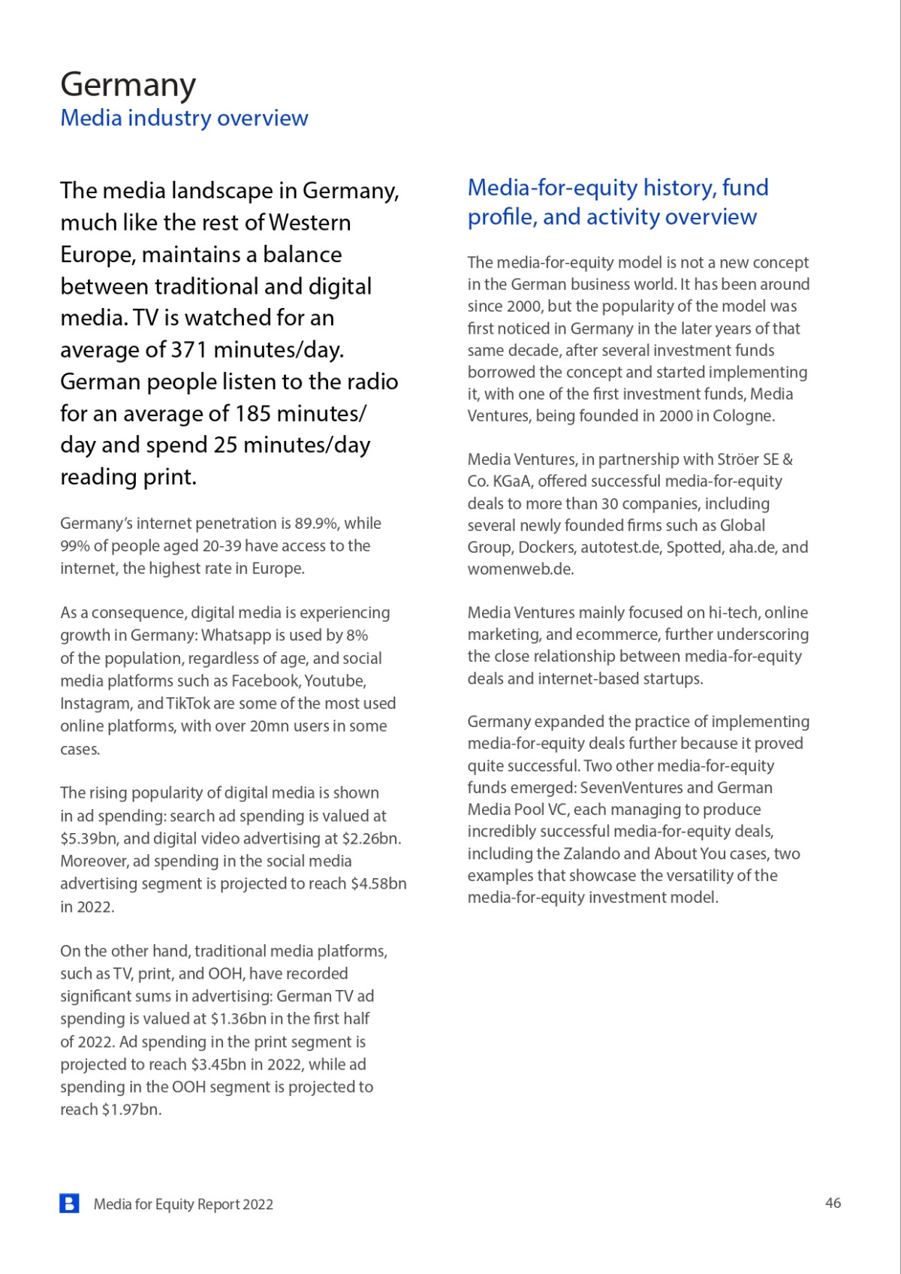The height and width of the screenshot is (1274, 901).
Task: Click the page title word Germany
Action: click(128, 85)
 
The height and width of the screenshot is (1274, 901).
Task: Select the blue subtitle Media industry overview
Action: click(184, 118)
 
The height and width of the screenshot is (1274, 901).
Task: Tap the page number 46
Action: click(833, 1203)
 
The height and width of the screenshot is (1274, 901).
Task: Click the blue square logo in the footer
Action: click(69, 1203)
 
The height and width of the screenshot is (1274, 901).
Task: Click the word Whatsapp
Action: click(236, 635)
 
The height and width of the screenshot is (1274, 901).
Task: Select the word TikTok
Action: click(188, 704)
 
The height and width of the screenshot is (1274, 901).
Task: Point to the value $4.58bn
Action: click(378, 884)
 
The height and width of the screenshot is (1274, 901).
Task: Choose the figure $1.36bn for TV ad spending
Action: click(238, 1019)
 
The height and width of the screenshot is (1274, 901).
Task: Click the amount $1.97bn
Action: click(131, 1109)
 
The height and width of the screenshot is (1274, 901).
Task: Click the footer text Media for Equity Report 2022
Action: click(183, 1204)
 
